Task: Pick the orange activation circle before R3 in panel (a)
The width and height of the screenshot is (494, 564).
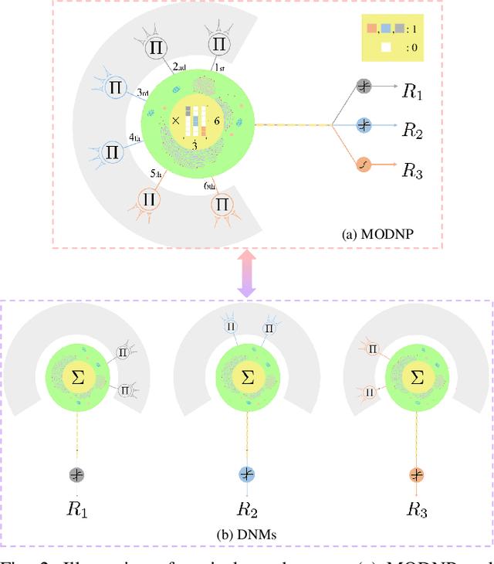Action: tap(364, 164)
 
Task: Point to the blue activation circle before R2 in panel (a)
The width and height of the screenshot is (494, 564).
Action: tap(364, 124)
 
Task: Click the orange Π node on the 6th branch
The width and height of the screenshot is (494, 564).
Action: tap(222, 205)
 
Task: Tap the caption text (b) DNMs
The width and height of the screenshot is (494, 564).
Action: tap(247, 533)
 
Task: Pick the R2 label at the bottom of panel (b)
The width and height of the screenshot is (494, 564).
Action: tap(248, 510)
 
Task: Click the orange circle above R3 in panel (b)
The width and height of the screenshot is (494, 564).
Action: tap(417, 475)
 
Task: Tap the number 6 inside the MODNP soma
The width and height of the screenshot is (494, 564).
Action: tap(218, 121)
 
